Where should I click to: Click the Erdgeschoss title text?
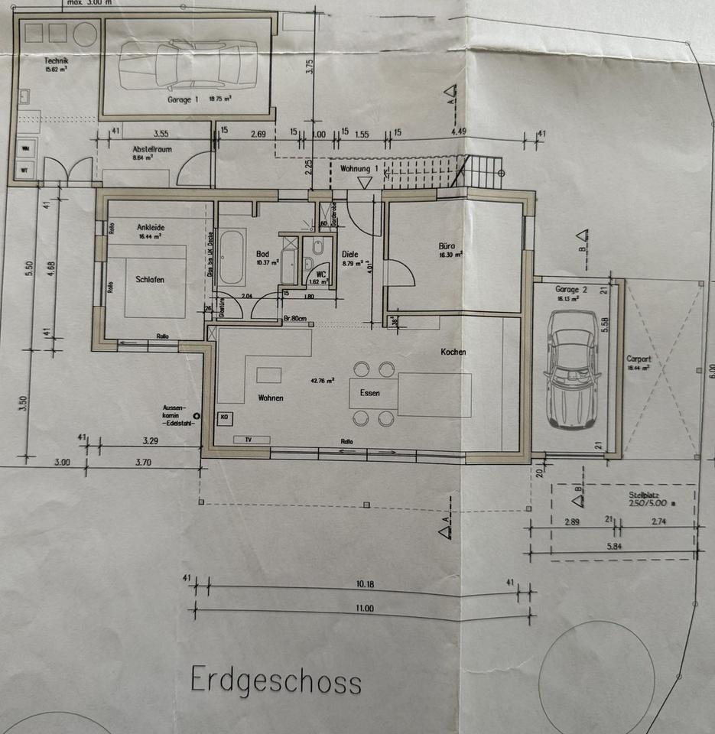coord(275,679)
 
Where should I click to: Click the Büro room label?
coord(447,247)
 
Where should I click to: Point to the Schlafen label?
coord(150,280)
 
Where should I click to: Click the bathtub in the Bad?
coord(231,258)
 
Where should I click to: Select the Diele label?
coord(350,255)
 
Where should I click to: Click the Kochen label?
coord(453,352)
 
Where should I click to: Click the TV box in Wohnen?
coord(247,440)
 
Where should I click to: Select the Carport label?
coord(638,359)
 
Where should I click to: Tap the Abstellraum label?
coord(128,149)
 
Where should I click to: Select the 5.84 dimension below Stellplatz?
coord(615,547)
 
